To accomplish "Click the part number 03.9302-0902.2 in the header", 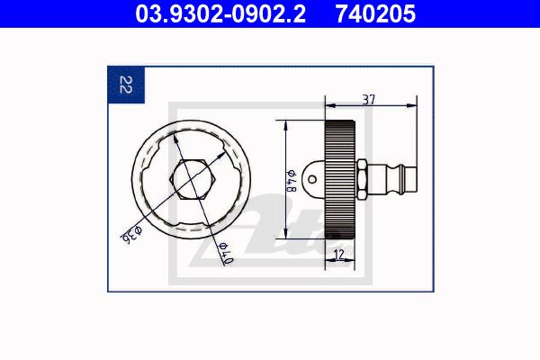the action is click(x=220, y=13).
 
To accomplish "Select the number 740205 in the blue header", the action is click(x=375, y=13).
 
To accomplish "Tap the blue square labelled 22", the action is click(x=126, y=85).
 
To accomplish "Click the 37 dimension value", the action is click(x=368, y=100).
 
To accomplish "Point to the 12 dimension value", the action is click(x=339, y=255).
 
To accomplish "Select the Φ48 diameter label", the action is click(x=292, y=181).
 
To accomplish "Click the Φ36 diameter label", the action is click(x=131, y=235).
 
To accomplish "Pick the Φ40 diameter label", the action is click(x=226, y=253).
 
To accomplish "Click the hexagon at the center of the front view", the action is click(x=193, y=179).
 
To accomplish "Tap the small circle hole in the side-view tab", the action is click(x=312, y=179).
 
